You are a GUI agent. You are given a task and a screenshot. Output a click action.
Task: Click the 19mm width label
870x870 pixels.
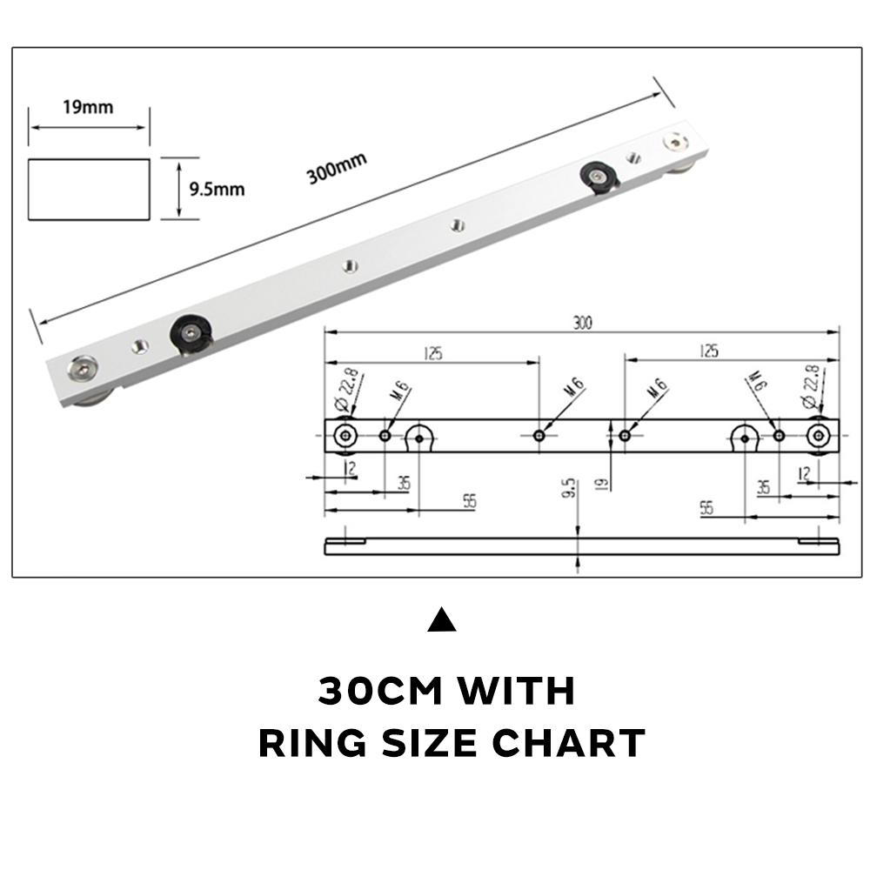pos(87,108)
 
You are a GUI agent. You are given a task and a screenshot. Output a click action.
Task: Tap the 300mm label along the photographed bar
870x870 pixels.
pos(336,167)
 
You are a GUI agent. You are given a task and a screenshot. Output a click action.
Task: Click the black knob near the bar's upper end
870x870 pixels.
pos(599,177)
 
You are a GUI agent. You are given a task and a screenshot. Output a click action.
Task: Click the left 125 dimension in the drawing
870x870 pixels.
pos(432,352)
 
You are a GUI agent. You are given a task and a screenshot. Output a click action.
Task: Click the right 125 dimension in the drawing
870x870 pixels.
pos(708,351)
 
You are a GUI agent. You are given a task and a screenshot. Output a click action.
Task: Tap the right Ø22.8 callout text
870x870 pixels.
pos(809,387)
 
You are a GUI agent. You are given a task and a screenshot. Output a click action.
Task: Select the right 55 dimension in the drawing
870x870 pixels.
pos(706,508)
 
